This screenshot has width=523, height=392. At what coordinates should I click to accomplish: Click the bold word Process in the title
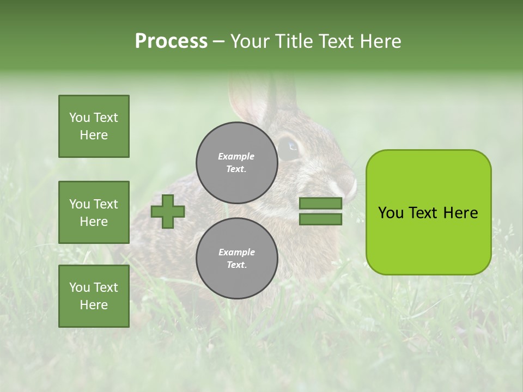point(171,41)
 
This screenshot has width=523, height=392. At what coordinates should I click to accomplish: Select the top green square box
point(94,126)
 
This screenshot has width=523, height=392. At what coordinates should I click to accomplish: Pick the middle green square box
point(94,212)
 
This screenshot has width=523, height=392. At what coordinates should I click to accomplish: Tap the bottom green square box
point(94,296)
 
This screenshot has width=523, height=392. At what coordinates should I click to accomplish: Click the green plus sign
point(168,211)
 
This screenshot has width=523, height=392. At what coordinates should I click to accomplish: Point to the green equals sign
point(320,211)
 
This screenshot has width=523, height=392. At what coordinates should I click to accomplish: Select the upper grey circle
point(237,162)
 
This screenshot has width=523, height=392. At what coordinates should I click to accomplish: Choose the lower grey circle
point(237,258)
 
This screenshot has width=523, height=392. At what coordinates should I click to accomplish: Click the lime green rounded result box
point(428,212)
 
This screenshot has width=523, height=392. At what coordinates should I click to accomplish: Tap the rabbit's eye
point(290,146)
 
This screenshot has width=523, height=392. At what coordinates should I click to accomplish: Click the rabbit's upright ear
point(248,101)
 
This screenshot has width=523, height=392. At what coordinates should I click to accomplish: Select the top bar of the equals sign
point(320,204)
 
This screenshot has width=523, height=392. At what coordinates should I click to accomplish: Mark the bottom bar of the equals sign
point(320,219)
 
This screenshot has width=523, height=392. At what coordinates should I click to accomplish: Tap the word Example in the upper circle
point(236,156)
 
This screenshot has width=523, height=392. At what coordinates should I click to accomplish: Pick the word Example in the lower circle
point(236,252)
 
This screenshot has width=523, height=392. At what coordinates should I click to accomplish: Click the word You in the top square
point(80,118)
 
